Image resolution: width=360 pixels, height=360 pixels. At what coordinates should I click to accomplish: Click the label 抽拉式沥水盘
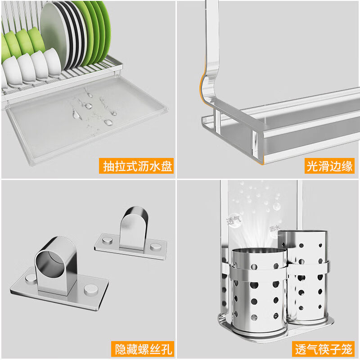(x=137, y=166)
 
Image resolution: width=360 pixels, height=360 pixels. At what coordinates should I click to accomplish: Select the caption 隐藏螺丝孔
(x=142, y=349)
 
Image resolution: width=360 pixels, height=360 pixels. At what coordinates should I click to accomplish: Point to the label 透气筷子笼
(x=324, y=349)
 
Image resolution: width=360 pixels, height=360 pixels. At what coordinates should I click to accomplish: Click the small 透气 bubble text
(x=234, y=220)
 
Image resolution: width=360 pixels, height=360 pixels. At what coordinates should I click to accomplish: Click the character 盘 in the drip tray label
(x=166, y=166)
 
